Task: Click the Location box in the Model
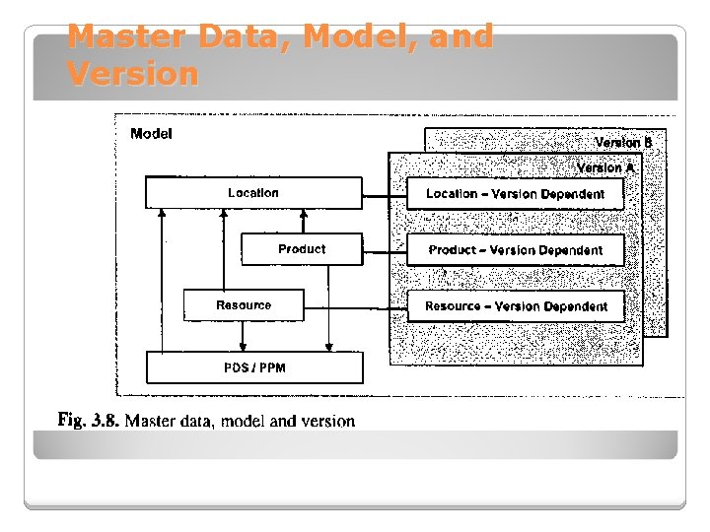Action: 253,193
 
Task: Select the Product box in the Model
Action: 302,249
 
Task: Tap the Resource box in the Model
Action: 244,305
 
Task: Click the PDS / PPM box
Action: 254,367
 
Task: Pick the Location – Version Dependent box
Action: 515,194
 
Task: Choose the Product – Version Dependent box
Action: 515,250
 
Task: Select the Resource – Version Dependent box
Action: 515,306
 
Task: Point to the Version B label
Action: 622,143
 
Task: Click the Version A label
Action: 605,167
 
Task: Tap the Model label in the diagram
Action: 151,134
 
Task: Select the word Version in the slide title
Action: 133,73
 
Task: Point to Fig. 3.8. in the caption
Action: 89,421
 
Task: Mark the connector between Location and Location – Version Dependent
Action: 385,194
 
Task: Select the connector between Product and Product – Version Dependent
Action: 385,250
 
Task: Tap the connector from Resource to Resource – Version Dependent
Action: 356,305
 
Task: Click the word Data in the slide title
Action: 246,37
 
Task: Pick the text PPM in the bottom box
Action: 272,367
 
